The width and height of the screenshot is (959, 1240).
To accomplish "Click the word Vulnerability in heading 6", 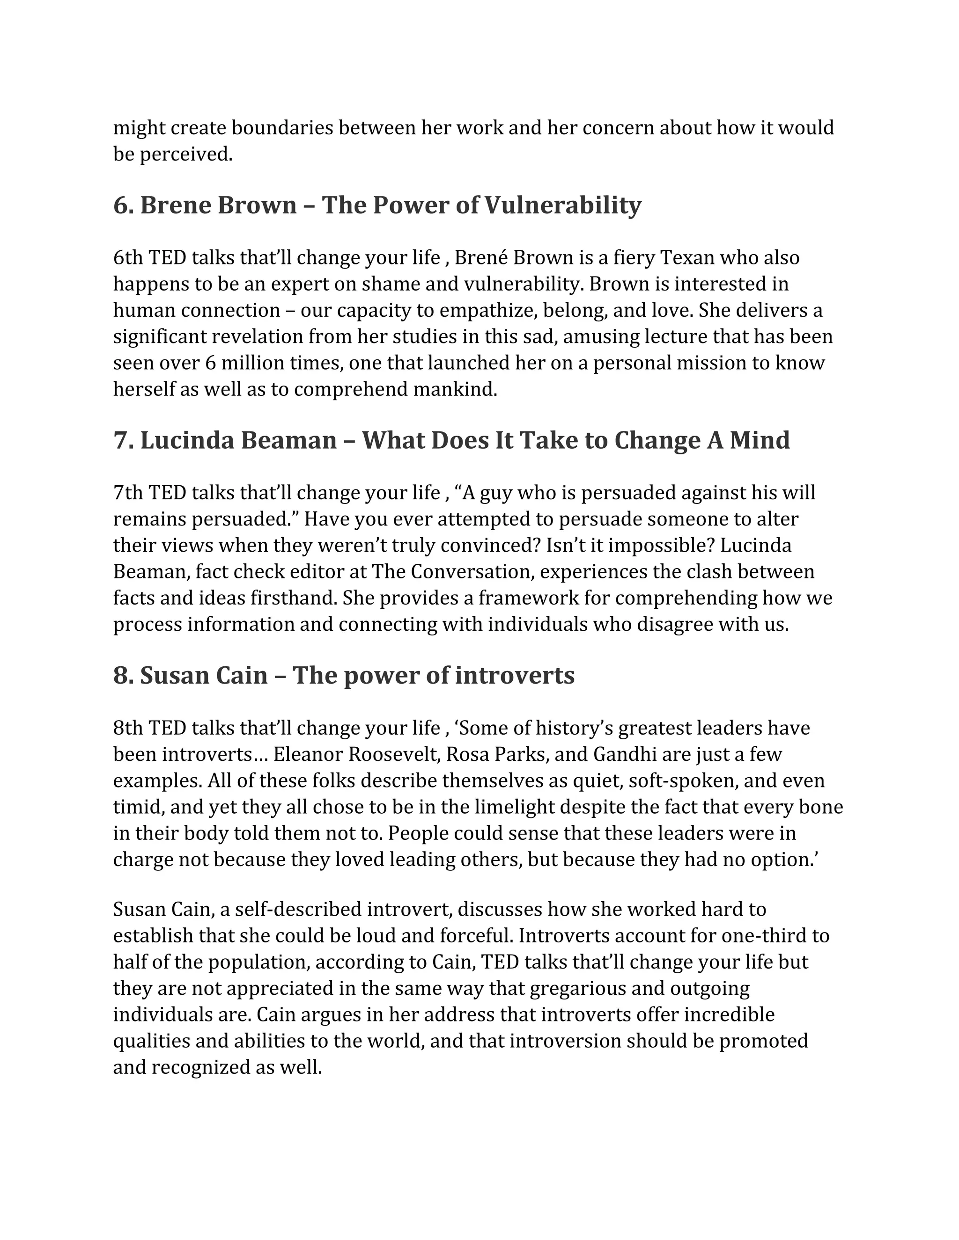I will (x=562, y=205).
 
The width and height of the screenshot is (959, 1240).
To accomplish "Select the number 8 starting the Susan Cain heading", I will (x=120, y=676).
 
